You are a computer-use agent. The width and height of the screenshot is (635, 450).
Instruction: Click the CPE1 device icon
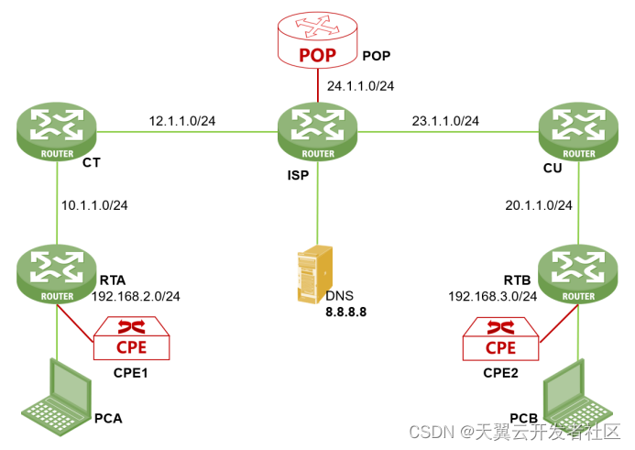[131, 340]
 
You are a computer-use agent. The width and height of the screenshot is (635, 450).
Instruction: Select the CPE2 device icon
[500, 340]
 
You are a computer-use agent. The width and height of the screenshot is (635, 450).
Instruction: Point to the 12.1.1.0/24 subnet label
[182, 121]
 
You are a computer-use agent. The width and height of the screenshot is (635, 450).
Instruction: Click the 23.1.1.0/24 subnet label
[445, 121]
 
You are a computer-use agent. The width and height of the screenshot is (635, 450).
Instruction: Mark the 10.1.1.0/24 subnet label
[94, 204]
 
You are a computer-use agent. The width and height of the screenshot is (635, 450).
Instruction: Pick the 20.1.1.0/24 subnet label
[539, 204]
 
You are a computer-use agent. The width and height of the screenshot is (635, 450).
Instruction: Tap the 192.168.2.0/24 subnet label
[136, 296]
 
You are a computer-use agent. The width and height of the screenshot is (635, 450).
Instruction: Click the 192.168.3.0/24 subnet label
[493, 296]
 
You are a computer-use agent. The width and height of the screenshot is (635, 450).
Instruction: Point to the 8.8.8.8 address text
[345, 312]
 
